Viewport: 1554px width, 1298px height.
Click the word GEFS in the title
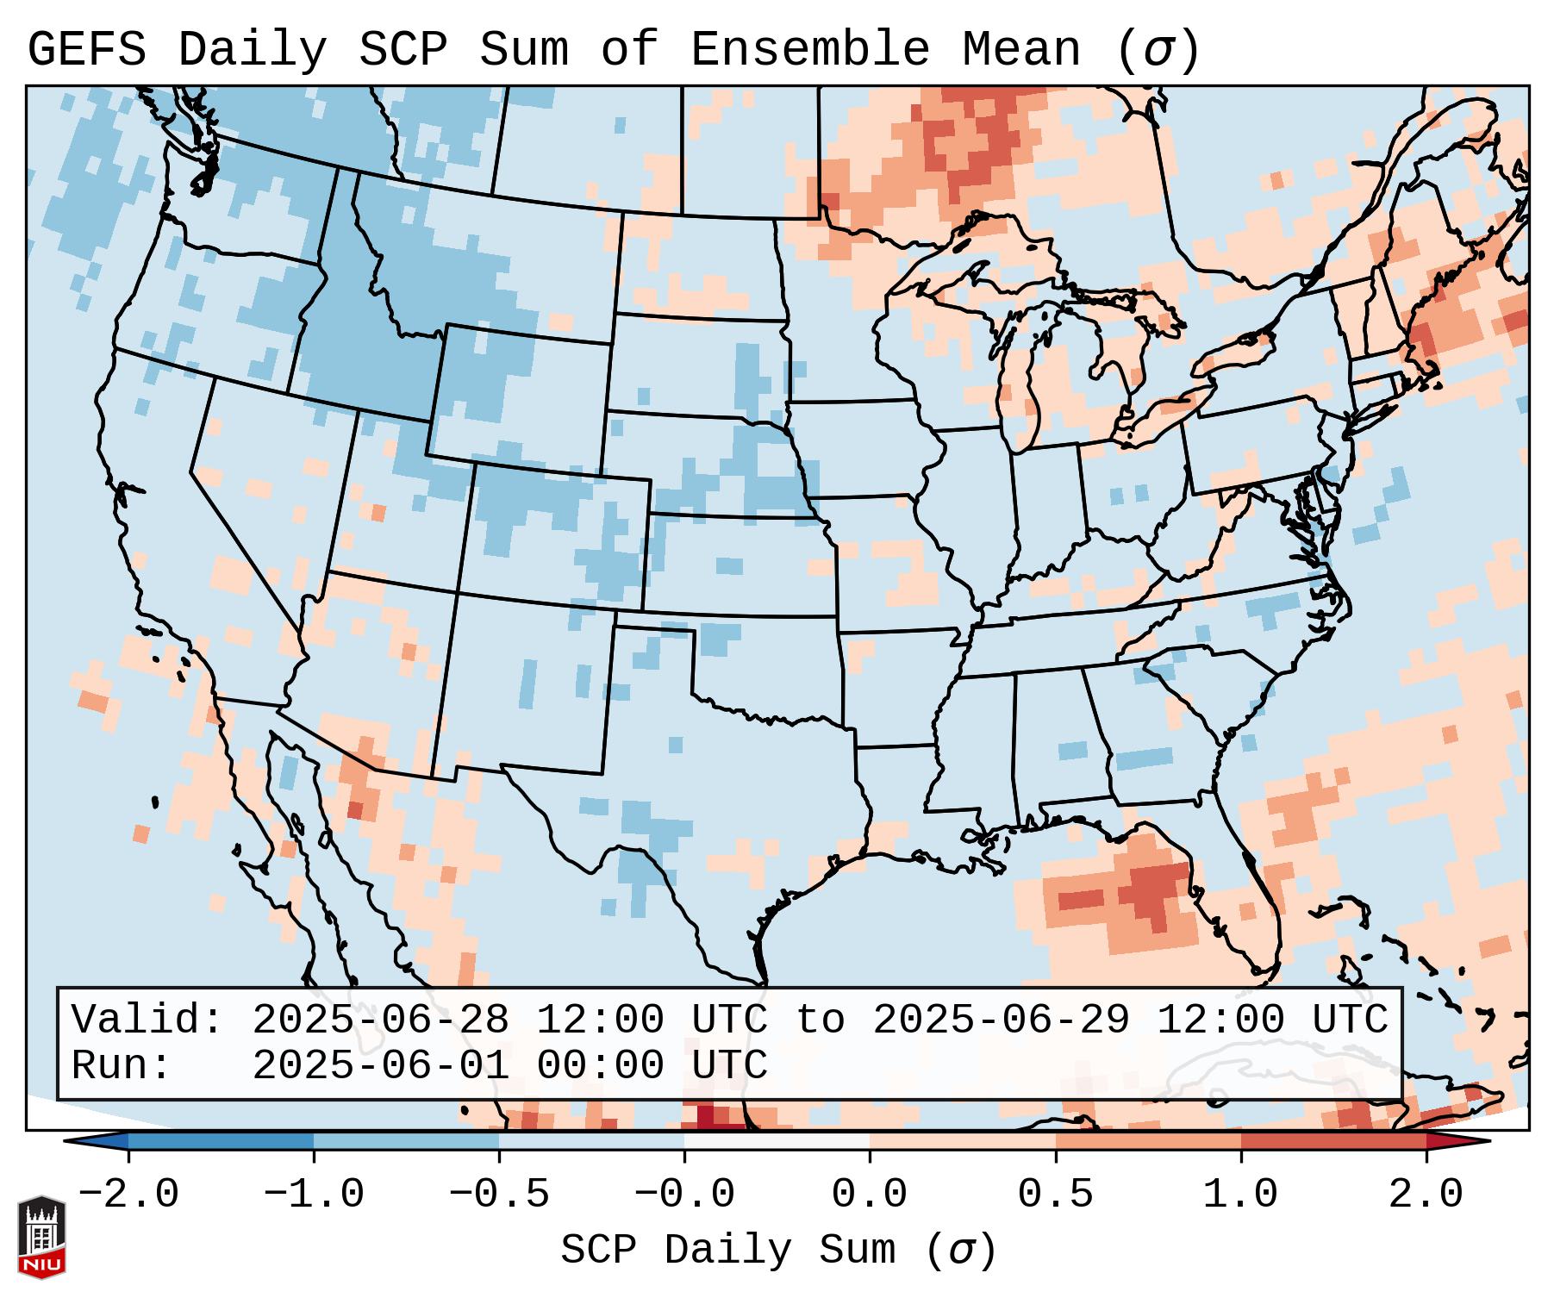click(x=87, y=49)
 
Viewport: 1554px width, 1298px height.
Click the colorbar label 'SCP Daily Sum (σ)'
click(x=778, y=1251)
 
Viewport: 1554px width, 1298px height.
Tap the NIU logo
click(x=41, y=1237)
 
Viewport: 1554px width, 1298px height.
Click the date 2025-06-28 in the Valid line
click(x=380, y=1020)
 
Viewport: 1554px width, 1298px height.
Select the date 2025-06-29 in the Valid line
click(x=1001, y=1020)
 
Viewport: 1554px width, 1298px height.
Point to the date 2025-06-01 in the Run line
click(x=380, y=1066)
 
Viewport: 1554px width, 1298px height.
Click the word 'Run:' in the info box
click(x=122, y=1066)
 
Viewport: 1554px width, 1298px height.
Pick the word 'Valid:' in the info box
click(x=147, y=1020)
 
